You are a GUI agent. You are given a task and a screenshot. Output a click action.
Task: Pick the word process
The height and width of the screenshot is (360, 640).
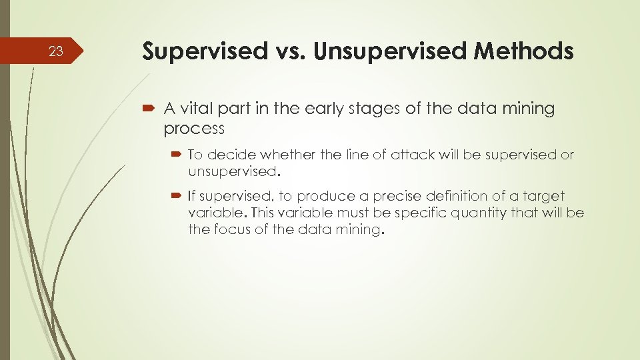point(194,128)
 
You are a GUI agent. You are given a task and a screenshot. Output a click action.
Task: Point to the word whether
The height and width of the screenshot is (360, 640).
point(289,155)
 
